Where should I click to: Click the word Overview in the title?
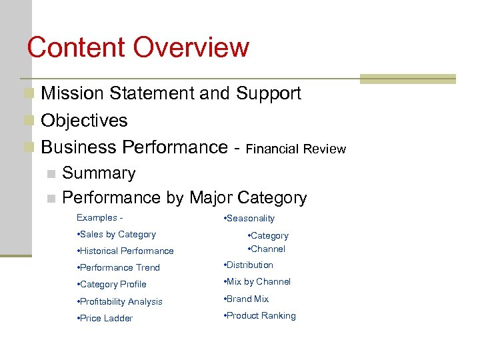click(191, 48)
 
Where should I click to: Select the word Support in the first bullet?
click(268, 93)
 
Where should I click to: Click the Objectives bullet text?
click(84, 121)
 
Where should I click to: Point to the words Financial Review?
click(296, 149)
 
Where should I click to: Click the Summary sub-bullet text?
click(99, 173)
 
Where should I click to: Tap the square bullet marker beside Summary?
click(51, 174)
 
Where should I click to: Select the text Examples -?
click(99, 218)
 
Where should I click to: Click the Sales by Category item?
click(117, 235)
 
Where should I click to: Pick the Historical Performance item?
click(125, 251)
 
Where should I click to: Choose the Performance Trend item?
click(119, 268)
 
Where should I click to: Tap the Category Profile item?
click(112, 285)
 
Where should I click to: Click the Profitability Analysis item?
click(120, 302)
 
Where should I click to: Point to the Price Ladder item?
click(105, 319)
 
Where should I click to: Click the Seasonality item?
click(249, 219)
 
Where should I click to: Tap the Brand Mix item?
click(247, 299)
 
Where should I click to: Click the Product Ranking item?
click(260, 316)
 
